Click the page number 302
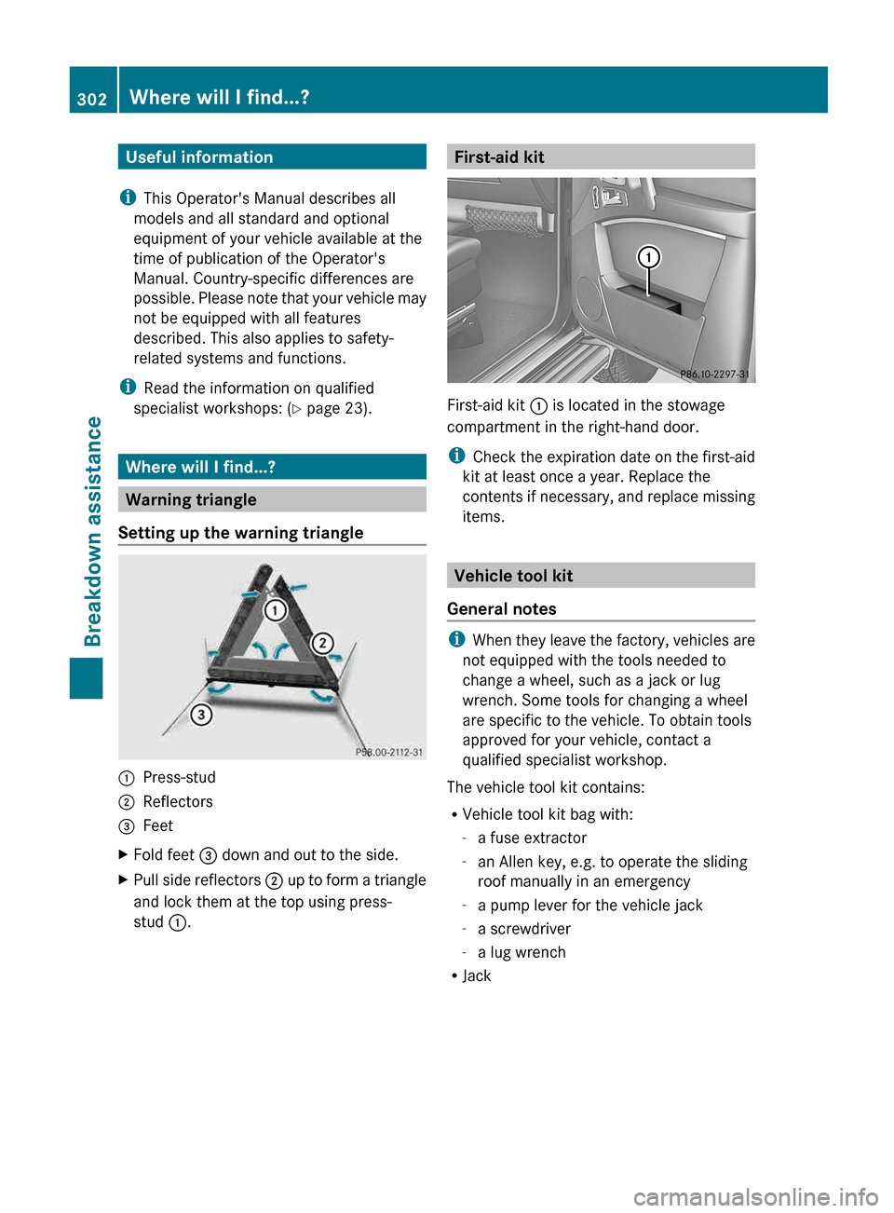tap(92, 99)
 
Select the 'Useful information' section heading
tap(199, 157)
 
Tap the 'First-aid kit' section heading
tap(499, 157)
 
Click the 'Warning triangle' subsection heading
tap(191, 500)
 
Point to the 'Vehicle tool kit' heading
tap(513, 576)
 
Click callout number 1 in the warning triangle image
tap(276, 610)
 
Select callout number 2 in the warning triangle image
tap(322, 643)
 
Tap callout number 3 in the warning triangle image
tap(201, 715)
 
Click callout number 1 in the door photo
tap(648, 257)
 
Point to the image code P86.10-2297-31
tap(714, 375)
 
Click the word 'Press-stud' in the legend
tap(179, 777)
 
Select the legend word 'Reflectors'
tap(178, 801)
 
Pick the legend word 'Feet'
tap(158, 825)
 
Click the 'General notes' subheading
tap(501, 609)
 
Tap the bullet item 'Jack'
tap(477, 975)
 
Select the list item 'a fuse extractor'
tap(532, 838)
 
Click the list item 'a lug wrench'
tap(521, 952)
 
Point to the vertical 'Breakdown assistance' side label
tap(92, 531)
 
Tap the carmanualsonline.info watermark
tap(755, 1196)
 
